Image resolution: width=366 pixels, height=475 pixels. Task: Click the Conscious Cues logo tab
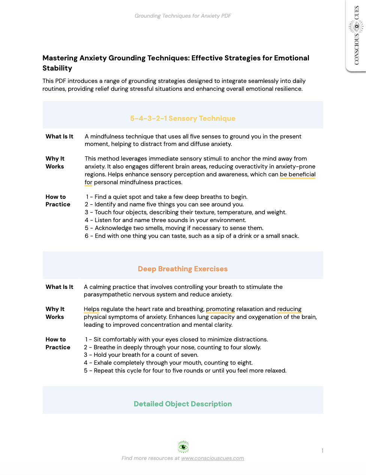[x=356, y=36]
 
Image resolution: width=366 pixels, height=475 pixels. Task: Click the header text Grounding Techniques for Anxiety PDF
[x=183, y=16]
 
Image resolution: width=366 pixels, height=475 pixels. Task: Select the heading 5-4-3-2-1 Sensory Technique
[x=183, y=119]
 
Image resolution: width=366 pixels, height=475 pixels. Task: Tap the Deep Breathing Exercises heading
[x=183, y=269]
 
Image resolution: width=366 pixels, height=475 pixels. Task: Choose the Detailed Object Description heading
[x=183, y=404]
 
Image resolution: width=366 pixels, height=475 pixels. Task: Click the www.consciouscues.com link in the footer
[x=212, y=458]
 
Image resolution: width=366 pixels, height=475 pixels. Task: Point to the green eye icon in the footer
[x=183, y=447]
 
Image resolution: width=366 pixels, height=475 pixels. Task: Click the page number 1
[x=322, y=451]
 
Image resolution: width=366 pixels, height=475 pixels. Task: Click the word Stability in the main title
[x=57, y=68]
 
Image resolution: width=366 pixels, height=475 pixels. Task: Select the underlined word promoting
[x=220, y=309]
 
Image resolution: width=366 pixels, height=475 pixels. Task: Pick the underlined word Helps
[x=91, y=309]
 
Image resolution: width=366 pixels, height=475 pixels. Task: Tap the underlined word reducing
[x=289, y=309]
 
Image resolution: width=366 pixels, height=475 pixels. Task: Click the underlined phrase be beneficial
[x=297, y=174]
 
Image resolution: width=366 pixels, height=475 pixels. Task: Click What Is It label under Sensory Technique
[x=59, y=137]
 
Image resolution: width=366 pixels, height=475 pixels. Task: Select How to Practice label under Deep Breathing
[x=58, y=343]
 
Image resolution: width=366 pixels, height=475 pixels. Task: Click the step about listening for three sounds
[x=165, y=220]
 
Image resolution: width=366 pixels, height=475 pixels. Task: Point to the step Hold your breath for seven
[x=141, y=355]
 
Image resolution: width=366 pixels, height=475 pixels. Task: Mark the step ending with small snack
[x=192, y=236]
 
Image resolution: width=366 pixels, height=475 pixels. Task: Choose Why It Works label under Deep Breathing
[x=55, y=313]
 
